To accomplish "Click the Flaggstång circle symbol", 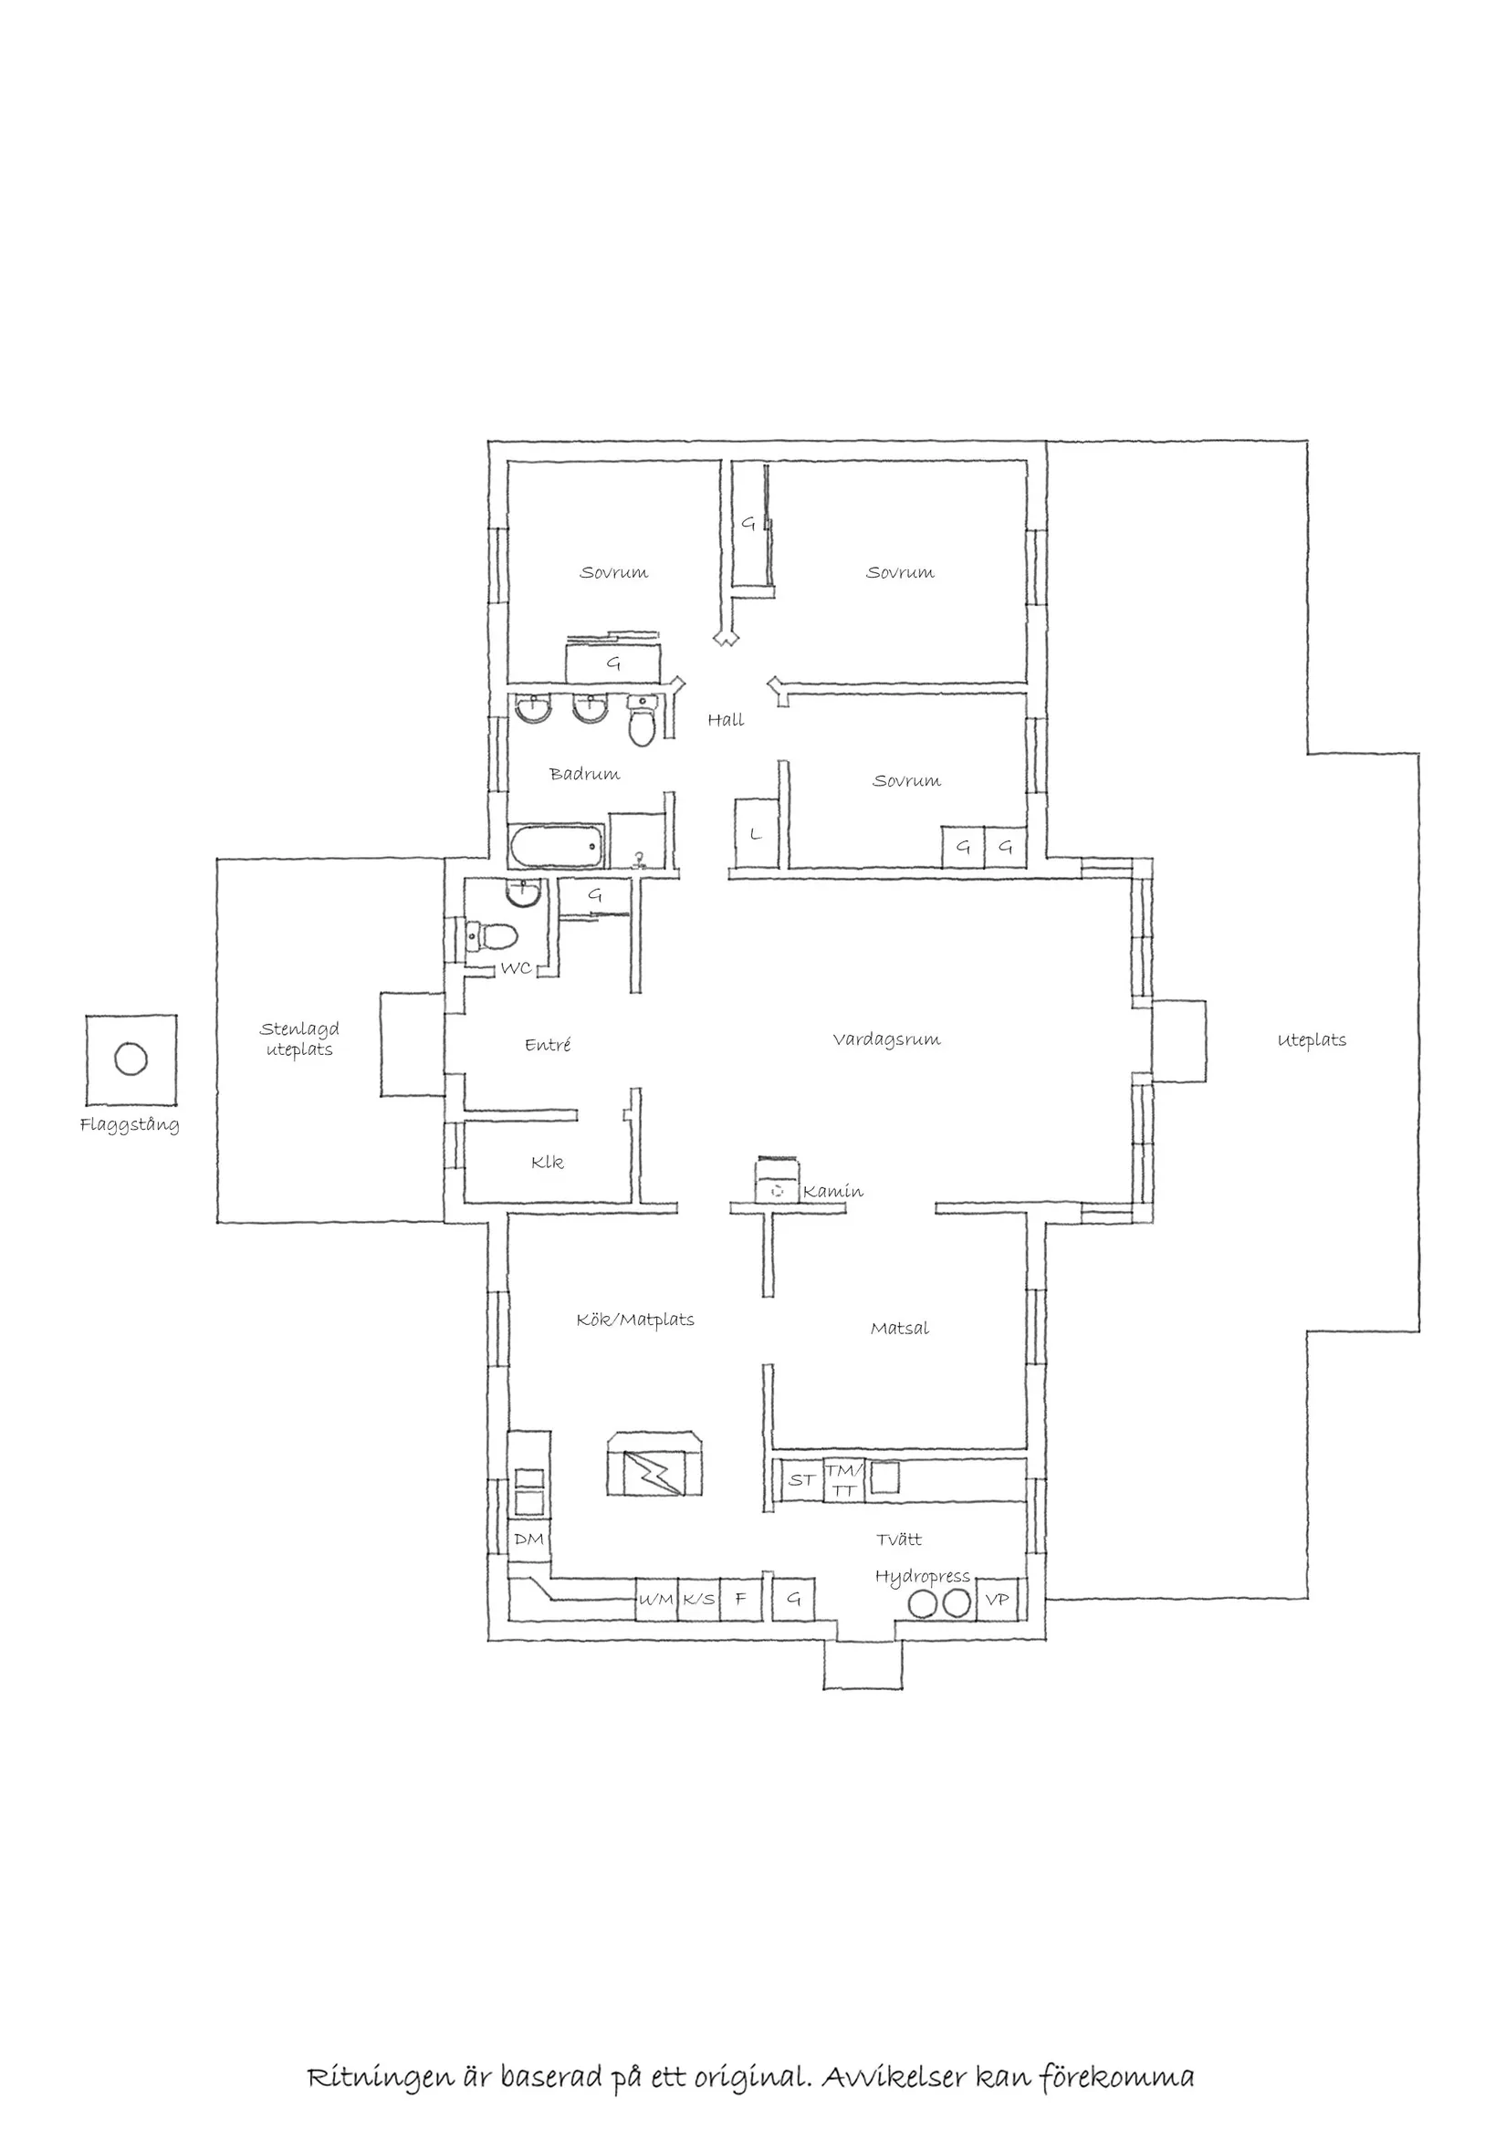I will [131, 1058].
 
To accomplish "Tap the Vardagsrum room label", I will [886, 1039].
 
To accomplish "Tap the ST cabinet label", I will [801, 1481].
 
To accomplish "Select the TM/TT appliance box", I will [844, 1480].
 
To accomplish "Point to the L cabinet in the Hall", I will [756, 833].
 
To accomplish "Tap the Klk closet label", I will [547, 1162].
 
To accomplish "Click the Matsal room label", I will [900, 1329].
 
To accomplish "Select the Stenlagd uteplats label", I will [298, 1038].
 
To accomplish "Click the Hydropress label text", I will [922, 1576].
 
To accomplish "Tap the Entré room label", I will [547, 1045].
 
